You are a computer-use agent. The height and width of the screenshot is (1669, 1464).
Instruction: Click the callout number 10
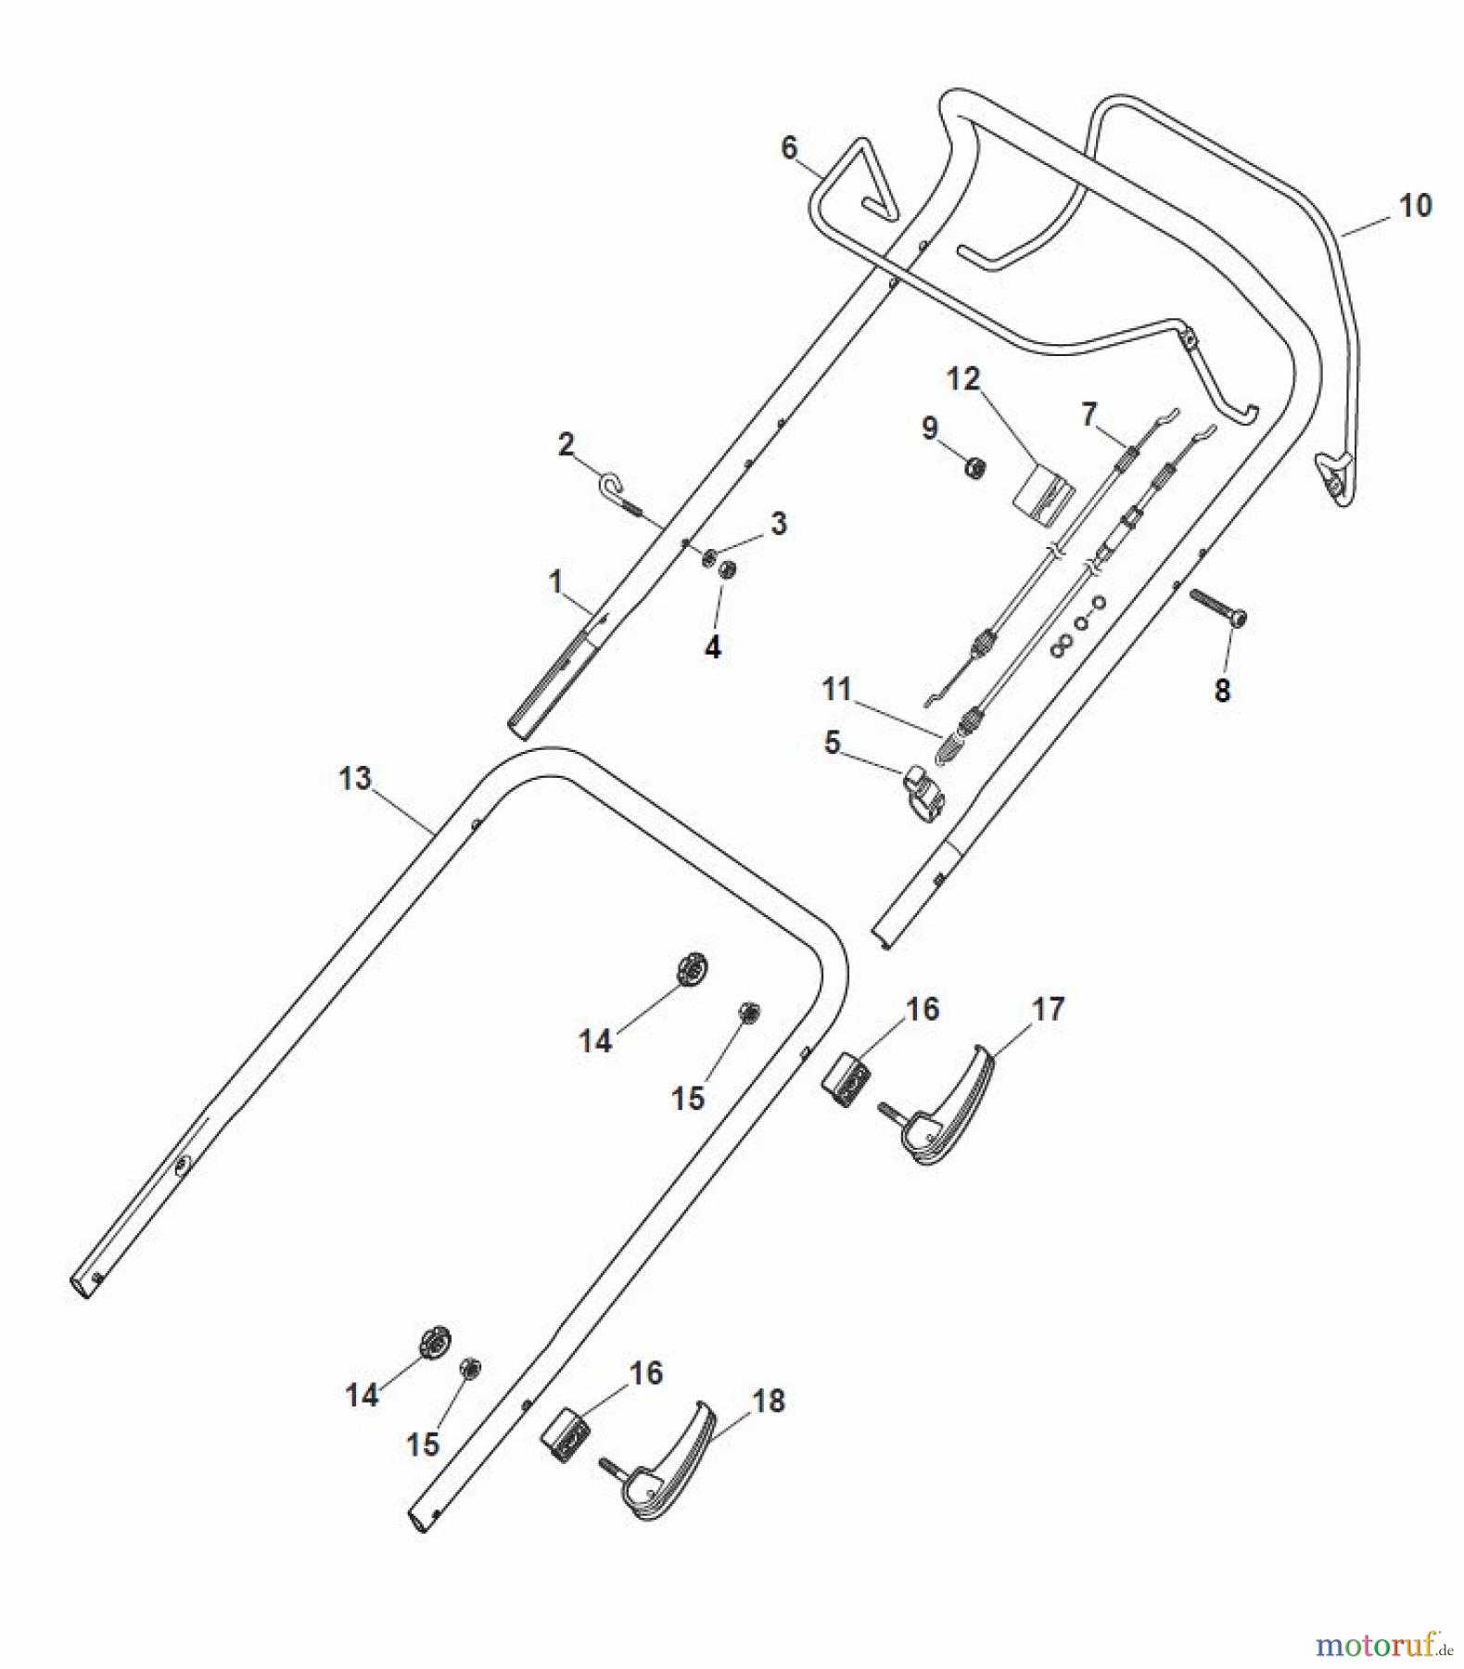(1415, 205)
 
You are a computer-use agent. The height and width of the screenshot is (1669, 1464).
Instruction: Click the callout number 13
(355, 778)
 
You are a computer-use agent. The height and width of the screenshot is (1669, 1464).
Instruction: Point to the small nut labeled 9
(974, 468)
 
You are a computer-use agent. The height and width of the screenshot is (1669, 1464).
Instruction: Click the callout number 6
(789, 147)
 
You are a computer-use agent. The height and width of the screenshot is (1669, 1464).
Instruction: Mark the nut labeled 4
(728, 568)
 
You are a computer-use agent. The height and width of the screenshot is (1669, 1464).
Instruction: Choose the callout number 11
(836, 689)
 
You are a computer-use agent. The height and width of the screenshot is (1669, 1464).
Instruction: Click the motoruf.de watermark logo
(1381, 1646)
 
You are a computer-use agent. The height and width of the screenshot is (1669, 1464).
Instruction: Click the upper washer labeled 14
(693, 970)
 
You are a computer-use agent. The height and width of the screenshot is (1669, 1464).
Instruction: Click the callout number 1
(555, 582)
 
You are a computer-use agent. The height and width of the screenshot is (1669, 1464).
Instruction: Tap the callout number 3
(779, 523)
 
